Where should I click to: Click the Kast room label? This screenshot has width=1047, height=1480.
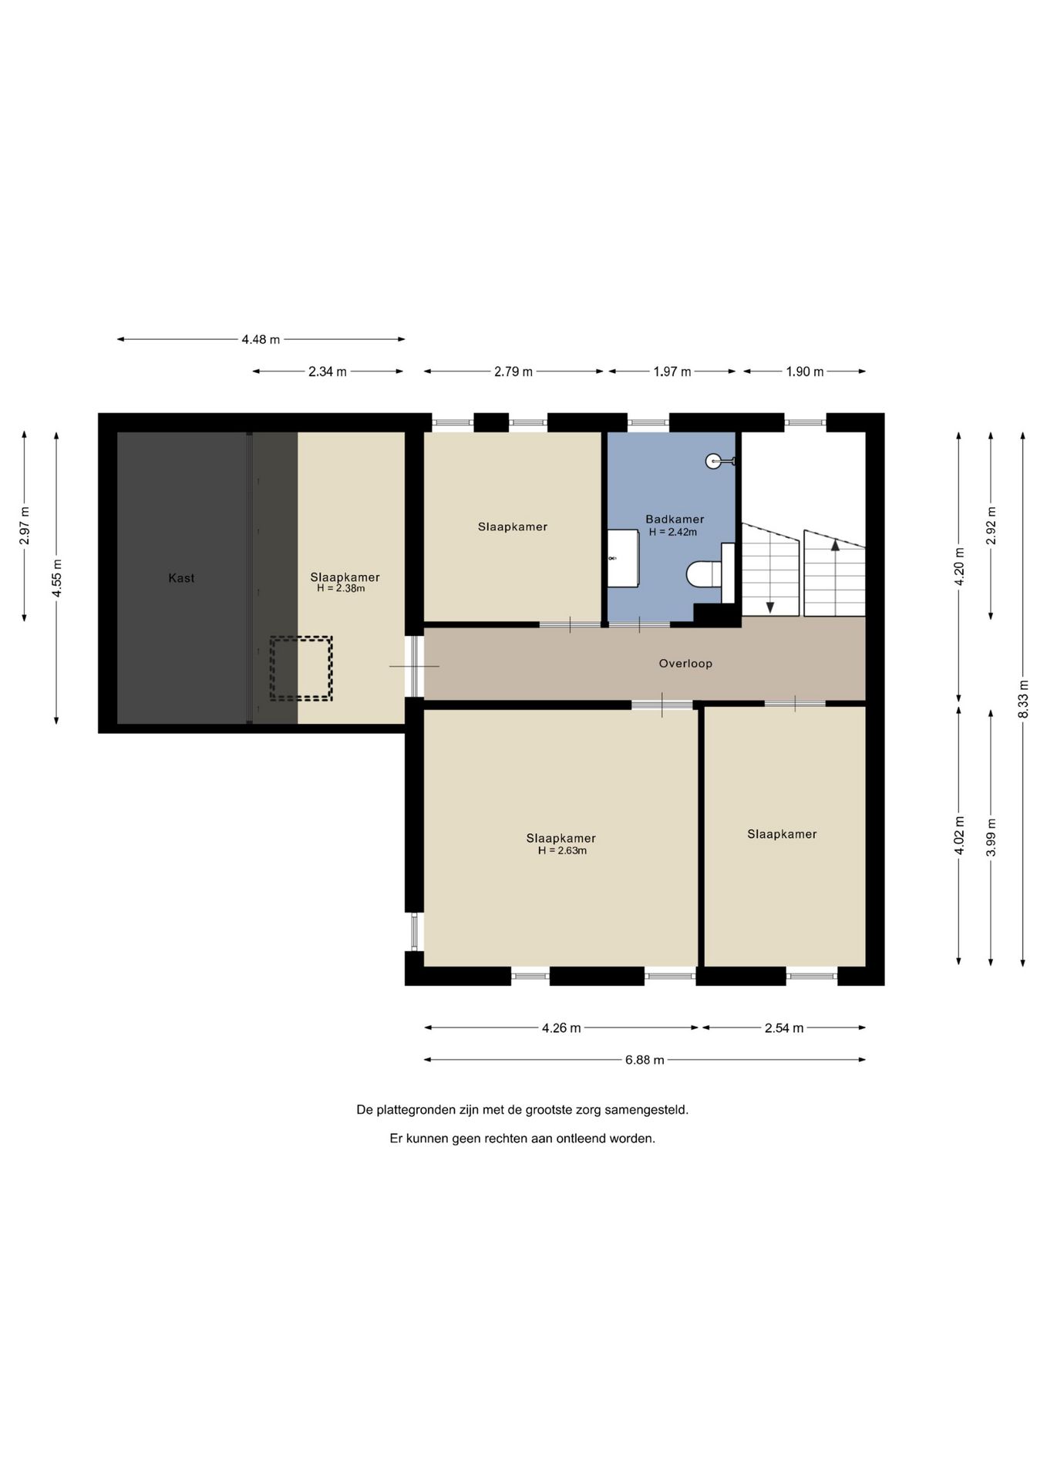coord(181,577)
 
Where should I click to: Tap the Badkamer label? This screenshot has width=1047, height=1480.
coord(675,519)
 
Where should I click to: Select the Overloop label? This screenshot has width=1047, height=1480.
coord(685,663)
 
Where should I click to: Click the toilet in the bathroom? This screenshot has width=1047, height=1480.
coord(704,573)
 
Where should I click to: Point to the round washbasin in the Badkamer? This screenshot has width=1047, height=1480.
coord(714,461)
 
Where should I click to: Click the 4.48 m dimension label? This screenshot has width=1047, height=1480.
coord(261,339)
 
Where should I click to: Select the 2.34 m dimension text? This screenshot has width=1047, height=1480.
coord(328,372)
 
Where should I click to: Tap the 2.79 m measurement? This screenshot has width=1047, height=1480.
coord(513,372)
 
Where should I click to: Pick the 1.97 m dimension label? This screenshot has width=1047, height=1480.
coord(672,372)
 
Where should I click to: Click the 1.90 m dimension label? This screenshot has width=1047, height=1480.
coord(805,372)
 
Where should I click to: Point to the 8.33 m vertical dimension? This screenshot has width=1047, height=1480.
coord(1023,699)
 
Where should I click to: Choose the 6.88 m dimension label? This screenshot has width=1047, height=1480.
coord(645,1060)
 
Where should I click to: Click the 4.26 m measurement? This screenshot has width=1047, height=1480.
coord(561,1028)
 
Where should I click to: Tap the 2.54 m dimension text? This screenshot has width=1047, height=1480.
coord(784,1028)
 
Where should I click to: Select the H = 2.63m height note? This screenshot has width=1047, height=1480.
coord(562,851)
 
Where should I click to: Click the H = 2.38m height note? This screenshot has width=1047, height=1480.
coord(341,588)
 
